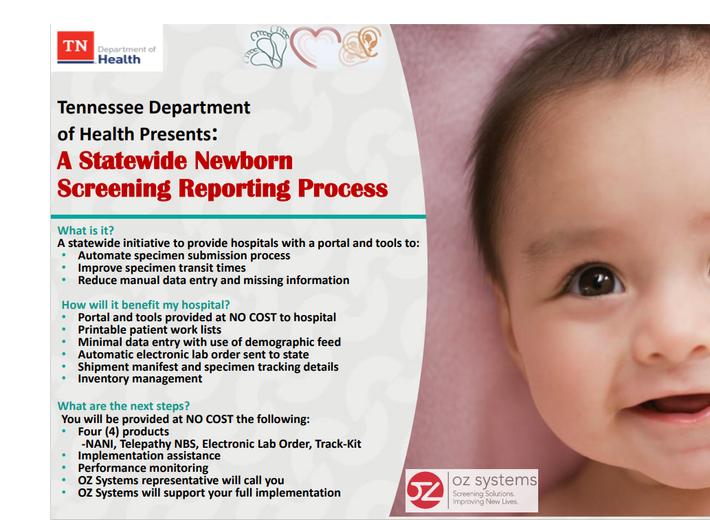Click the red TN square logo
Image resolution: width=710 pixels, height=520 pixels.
tap(76, 47)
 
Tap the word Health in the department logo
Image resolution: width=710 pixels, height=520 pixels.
tap(119, 59)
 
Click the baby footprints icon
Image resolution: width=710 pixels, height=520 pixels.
tap(267, 47)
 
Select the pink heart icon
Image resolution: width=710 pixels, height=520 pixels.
tap(315, 46)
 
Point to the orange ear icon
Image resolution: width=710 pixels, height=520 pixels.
tap(361, 45)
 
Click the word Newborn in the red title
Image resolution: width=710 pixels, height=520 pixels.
tap(243, 161)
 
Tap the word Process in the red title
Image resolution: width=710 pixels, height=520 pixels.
tap(342, 188)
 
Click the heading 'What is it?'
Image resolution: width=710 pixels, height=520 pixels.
tap(86, 230)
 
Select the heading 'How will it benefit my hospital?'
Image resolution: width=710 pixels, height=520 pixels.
tap(145, 305)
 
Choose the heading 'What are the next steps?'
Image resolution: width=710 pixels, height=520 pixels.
tap(124, 406)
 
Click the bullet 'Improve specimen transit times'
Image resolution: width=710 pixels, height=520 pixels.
tap(162, 268)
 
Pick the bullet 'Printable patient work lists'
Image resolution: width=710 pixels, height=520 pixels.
tap(149, 329)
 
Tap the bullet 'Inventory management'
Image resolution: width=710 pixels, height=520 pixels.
tap(140, 378)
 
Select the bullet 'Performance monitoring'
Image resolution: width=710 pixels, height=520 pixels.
tap(143, 468)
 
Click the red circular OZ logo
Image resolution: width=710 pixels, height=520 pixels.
tap(425, 490)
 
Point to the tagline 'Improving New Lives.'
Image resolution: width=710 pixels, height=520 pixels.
tap(485, 501)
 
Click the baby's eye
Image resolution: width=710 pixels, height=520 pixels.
tap(595, 281)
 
